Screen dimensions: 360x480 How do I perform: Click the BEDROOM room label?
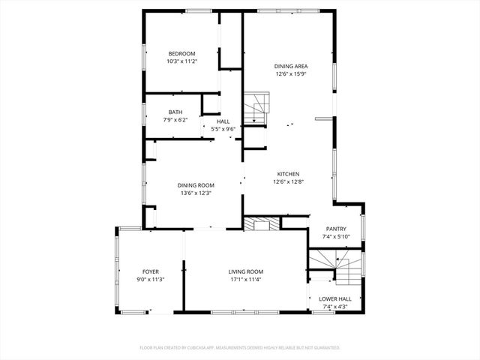181,53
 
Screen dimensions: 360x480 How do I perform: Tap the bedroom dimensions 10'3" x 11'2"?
181,61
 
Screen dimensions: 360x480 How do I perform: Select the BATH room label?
175,112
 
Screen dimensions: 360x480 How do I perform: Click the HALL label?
223,121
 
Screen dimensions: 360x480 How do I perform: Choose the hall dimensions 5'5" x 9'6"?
223,129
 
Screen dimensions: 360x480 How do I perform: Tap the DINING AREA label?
292,66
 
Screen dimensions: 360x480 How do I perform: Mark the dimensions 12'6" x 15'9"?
292,74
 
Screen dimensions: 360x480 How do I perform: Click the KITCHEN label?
289,172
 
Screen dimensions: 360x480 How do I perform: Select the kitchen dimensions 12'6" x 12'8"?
289,181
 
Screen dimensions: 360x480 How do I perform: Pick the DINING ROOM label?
196,185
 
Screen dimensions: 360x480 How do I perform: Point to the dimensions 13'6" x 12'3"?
196,193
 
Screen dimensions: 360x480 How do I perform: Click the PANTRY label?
335,229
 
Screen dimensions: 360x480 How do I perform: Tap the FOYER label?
151,271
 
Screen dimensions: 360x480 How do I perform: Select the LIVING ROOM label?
246,271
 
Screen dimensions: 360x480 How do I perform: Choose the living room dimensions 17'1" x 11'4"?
246,279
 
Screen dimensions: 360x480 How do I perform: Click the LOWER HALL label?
335,298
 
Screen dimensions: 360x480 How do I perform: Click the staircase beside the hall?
256,108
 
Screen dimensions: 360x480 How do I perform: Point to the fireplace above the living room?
261,223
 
